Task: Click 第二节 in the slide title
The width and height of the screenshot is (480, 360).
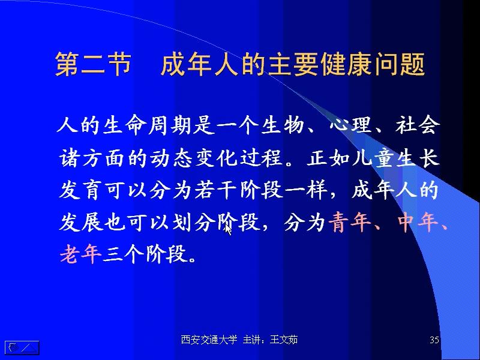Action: click(93, 65)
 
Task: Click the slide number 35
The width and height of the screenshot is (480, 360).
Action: click(435, 341)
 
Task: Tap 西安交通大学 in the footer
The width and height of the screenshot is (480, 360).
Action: click(209, 340)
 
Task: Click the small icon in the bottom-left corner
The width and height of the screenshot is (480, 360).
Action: click(22, 347)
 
